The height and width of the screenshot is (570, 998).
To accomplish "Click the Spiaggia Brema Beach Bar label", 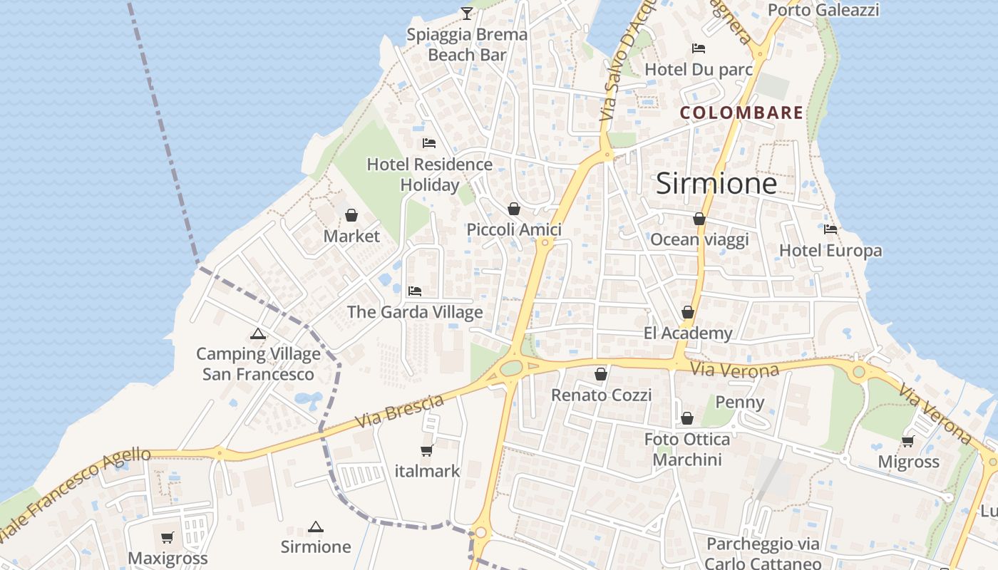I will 467,44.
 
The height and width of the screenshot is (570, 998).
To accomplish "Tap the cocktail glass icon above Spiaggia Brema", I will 466,12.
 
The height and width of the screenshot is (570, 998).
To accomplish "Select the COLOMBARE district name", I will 741,113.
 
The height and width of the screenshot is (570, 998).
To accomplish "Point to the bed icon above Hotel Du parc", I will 699,48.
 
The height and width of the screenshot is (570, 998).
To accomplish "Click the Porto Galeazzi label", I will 823,10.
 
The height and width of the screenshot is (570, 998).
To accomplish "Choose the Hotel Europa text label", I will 830,251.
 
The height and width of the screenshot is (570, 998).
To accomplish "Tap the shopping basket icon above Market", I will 351,215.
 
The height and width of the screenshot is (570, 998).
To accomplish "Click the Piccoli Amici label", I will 514,229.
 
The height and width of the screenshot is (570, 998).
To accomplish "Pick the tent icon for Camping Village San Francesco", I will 258,333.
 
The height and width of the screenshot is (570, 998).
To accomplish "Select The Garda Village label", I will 415,312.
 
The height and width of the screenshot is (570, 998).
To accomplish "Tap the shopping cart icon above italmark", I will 427,450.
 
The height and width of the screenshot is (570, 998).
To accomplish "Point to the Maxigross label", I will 168,558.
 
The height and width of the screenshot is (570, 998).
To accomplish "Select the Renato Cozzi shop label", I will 602,395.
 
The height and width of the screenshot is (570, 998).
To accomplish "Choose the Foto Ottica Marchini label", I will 687,450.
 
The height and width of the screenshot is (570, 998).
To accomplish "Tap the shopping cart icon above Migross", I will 908,441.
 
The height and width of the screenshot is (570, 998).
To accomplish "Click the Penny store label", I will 740,403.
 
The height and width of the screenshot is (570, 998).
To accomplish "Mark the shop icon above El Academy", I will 688,312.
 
